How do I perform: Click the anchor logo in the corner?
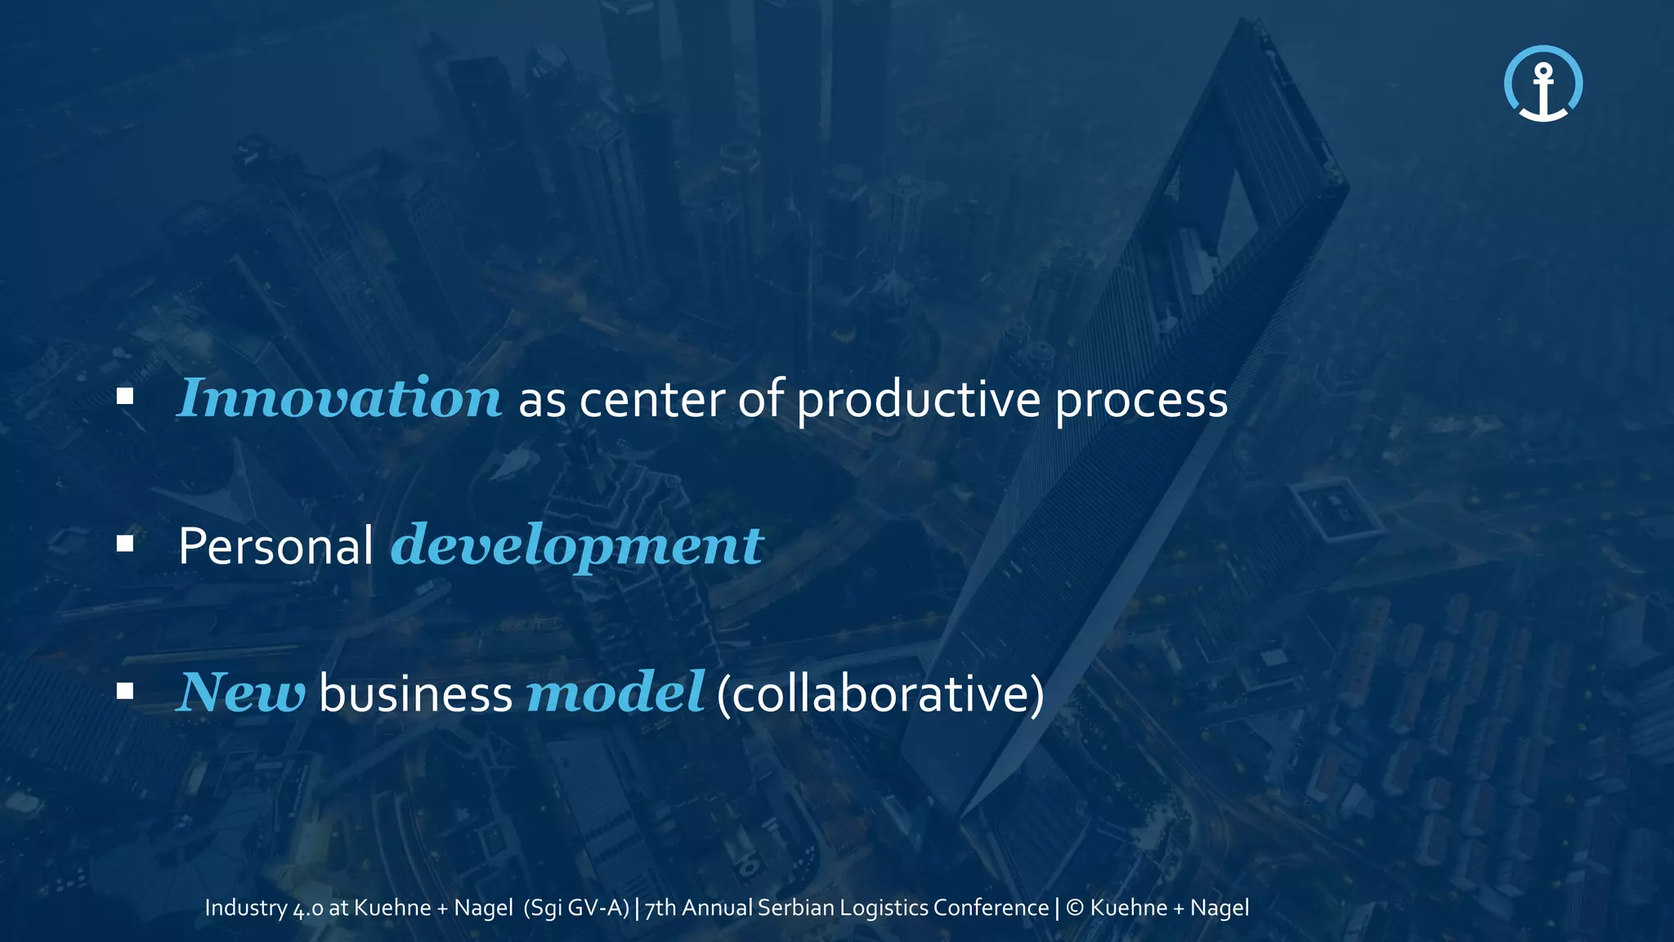click(x=1543, y=84)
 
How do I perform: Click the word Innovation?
click(x=339, y=399)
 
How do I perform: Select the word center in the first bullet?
click(x=651, y=400)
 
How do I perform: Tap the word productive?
click(x=918, y=401)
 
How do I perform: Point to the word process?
click(x=1141, y=401)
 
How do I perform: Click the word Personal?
click(x=275, y=546)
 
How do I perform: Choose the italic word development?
click(x=577, y=546)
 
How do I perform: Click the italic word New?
click(x=241, y=693)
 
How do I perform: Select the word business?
click(x=415, y=693)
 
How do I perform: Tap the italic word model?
click(x=615, y=693)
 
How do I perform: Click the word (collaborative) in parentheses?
click(x=880, y=694)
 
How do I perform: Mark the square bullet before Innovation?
click(x=125, y=397)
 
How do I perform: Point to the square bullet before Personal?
click(x=125, y=545)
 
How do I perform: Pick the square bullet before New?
click(x=125, y=692)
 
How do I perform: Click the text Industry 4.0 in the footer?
click(x=263, y=908)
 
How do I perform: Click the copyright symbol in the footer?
click(x=1075, y=908)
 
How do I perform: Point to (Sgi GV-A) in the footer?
click(x=576, y=908)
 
